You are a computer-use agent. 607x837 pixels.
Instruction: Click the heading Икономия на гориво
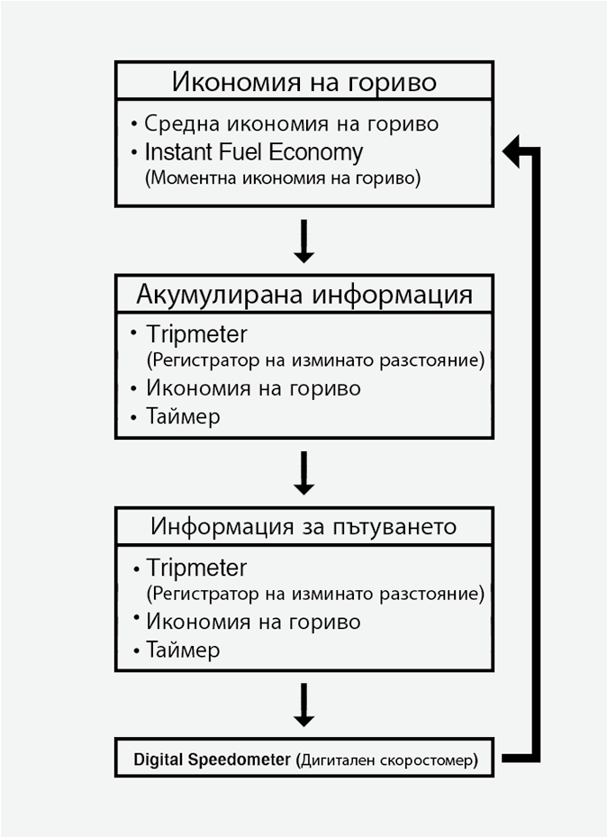(303, 83)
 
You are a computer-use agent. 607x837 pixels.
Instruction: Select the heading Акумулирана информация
(303, 295)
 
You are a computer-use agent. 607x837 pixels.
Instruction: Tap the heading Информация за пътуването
(303, 525)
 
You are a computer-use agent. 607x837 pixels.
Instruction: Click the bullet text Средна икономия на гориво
(291, 123)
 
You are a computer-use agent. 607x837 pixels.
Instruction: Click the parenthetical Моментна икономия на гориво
(283, 177)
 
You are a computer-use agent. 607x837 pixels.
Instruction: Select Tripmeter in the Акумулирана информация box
(195, 334)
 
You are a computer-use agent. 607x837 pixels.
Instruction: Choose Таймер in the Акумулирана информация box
(183, 417)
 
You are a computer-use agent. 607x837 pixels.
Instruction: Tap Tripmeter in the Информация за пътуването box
(195, 568)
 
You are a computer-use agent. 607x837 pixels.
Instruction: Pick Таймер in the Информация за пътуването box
(183, 650)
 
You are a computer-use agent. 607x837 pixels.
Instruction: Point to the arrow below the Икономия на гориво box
(303, 241)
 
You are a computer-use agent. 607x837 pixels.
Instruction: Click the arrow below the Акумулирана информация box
(303, 473)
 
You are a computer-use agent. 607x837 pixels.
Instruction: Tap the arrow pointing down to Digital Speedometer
(303, 705)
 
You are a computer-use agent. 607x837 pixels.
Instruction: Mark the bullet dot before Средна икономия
(133, 123)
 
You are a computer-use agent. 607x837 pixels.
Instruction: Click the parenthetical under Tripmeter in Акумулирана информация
(314, 361)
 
